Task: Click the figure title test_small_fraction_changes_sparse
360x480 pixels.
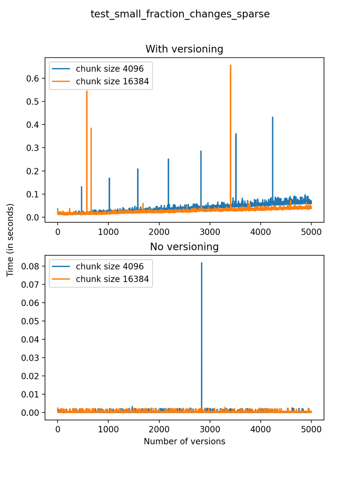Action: click(180, 14)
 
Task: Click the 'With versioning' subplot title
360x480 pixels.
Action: click(184, 49)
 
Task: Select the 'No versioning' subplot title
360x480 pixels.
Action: click(184, 247)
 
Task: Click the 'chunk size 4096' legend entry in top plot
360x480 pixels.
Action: click(109, 69)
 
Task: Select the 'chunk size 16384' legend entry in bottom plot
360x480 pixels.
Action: click(112, 279)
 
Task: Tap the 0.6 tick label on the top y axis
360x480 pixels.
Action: click(33, 78)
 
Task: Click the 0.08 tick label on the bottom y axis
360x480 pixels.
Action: click(30, 266)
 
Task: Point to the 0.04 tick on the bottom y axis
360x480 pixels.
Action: click(30, 339)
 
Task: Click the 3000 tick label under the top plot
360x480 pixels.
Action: click(210, 232)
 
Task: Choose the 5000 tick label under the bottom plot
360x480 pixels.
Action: click(311, 430)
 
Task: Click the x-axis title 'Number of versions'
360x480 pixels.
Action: click(184, 441)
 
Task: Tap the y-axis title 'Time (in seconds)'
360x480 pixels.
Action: click(10, 240)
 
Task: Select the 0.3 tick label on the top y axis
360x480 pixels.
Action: click(33, 148)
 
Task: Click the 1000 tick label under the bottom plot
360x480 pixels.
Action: click(108, 430)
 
